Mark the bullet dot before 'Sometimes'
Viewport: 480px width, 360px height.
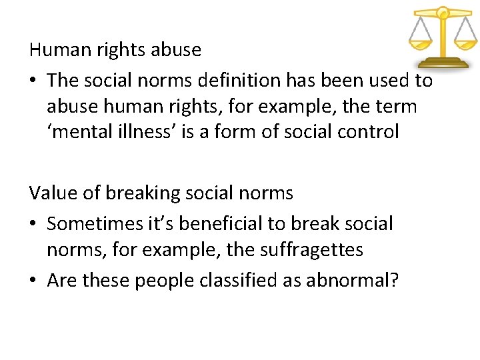point(34,224)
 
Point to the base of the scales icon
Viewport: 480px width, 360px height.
point(442,63)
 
